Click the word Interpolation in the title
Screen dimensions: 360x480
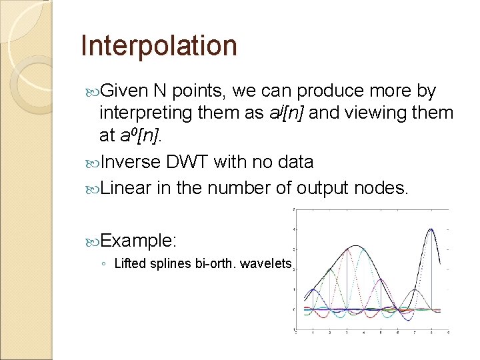point(159,46)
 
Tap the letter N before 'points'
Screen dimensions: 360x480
point(159,90)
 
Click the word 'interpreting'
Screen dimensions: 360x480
point(146,113)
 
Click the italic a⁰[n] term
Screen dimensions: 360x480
point(138,137)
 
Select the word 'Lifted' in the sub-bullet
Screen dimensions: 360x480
point(128,263)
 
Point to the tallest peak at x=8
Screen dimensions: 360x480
point(432,230)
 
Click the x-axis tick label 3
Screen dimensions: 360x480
point(346,331)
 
